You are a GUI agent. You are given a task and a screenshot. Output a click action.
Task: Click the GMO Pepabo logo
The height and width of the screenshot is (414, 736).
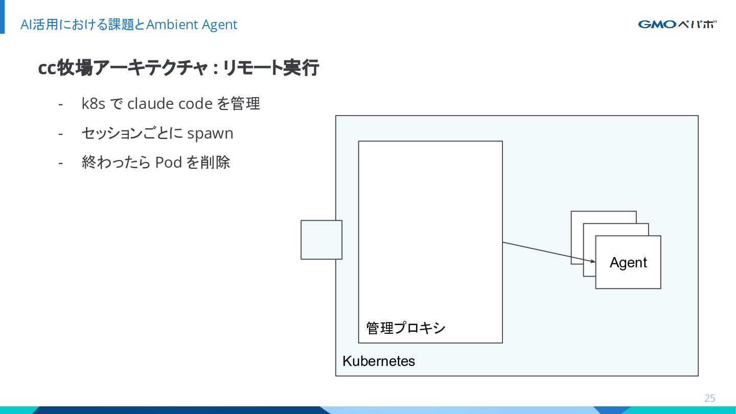tap(677, 25)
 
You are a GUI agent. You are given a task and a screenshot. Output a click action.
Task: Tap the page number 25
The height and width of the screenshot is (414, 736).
tap(710, 398)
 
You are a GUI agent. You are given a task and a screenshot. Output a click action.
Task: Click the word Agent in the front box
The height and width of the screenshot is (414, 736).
tap(628, 263)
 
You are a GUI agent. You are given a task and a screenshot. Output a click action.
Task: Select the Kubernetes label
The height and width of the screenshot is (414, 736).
tap(379, 361)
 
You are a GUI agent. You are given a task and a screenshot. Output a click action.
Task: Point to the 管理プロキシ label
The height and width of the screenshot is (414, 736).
tap(405, 328)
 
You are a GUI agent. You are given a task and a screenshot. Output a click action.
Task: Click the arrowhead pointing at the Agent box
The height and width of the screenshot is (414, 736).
tap(593, 262)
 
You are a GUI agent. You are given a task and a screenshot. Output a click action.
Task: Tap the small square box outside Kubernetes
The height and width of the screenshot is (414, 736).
tap(321, 240)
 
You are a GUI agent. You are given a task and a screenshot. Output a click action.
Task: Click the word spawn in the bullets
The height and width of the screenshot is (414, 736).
tap(210, 134)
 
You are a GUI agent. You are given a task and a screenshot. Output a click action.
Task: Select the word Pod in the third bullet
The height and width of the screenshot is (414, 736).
tap(168, 162)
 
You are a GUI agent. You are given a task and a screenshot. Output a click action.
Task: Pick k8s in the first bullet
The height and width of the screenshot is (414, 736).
tap(94, 103)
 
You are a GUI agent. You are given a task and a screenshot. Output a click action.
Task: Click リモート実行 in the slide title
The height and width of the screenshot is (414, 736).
tap(271, 68)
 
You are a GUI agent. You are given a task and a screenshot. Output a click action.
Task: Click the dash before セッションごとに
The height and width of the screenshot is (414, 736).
tap(60, 134)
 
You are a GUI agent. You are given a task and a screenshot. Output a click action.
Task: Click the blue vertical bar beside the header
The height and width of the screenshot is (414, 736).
tap(2, 17)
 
